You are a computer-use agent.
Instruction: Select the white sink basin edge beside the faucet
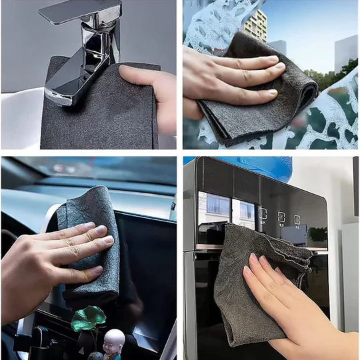click(x=20, y=107)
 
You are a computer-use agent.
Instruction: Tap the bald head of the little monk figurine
click(x=114, y=337)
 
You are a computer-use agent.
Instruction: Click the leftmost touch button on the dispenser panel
click(x=262, y=214)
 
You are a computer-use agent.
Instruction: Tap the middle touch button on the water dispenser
click(x=281, y=217)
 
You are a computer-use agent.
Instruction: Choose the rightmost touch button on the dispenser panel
click(x=297, y=219)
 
